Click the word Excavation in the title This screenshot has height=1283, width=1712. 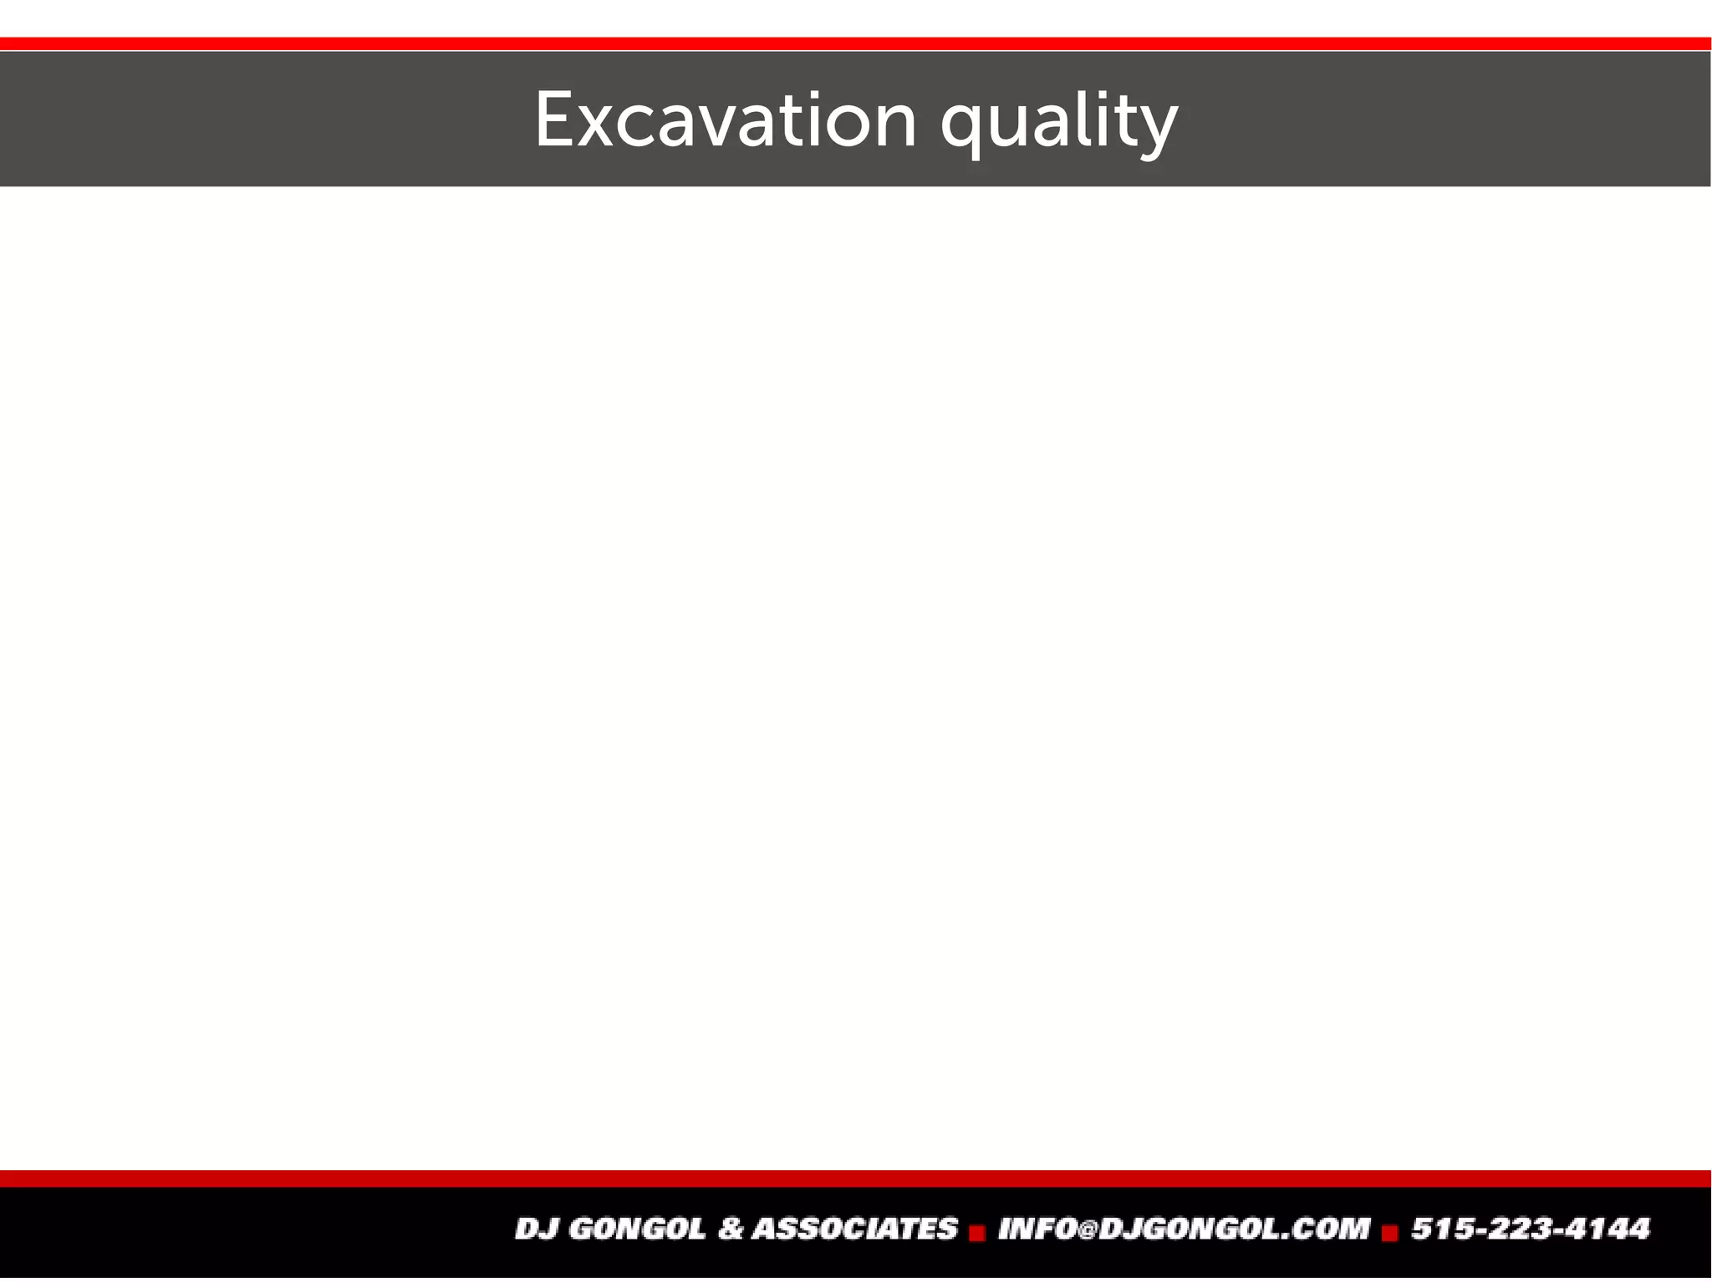click(x=726, y=121)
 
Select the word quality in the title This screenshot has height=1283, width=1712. click(x=1058, y=124)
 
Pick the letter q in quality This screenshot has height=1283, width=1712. click(x=960, y=130)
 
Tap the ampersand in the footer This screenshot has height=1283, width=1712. click(x=730, y=1229)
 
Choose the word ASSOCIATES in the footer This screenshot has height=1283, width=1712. click(x=854, y=1229)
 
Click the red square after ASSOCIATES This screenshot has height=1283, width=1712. click(x=977, y=1233)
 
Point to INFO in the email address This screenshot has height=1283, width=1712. click(x=1037, y=1229)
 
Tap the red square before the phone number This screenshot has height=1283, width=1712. click(x=1390, y=1233)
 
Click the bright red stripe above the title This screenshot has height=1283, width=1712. click(x=856, y=43)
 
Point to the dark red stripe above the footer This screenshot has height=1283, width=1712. click(x=856, y=1179)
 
